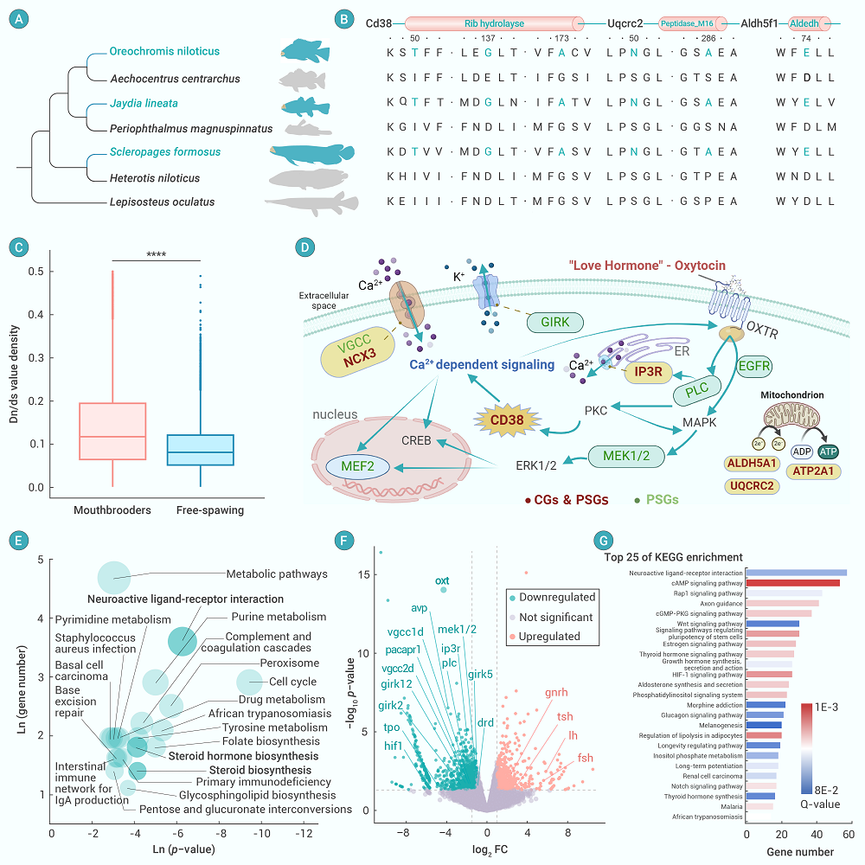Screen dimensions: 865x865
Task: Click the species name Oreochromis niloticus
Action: click(165, 52)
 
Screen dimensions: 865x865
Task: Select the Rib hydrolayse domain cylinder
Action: click(490, 23)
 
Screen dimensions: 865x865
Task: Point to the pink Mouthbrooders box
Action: click(112, 431)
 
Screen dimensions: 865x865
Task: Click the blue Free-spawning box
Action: click(200, 450)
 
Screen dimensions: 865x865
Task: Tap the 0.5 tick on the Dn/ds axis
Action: click(34, 272)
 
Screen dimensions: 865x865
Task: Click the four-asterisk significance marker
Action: click(156, 253)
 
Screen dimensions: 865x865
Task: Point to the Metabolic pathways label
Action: click(277, 573)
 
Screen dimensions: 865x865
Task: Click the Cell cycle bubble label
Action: click(292, 682)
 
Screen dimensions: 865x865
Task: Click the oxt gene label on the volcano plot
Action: click(442, 580)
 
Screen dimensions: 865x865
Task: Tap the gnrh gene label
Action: click(556, 693)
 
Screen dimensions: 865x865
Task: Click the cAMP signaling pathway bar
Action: click(791, 583)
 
